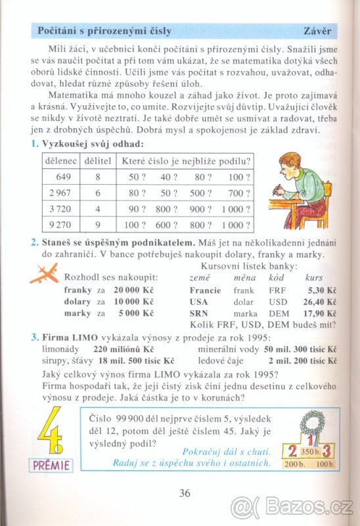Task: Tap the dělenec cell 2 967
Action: point(59,193)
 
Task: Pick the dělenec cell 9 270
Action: point(59,225)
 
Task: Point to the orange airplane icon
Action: point(46,274)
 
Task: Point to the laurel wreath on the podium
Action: point(307,423)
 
